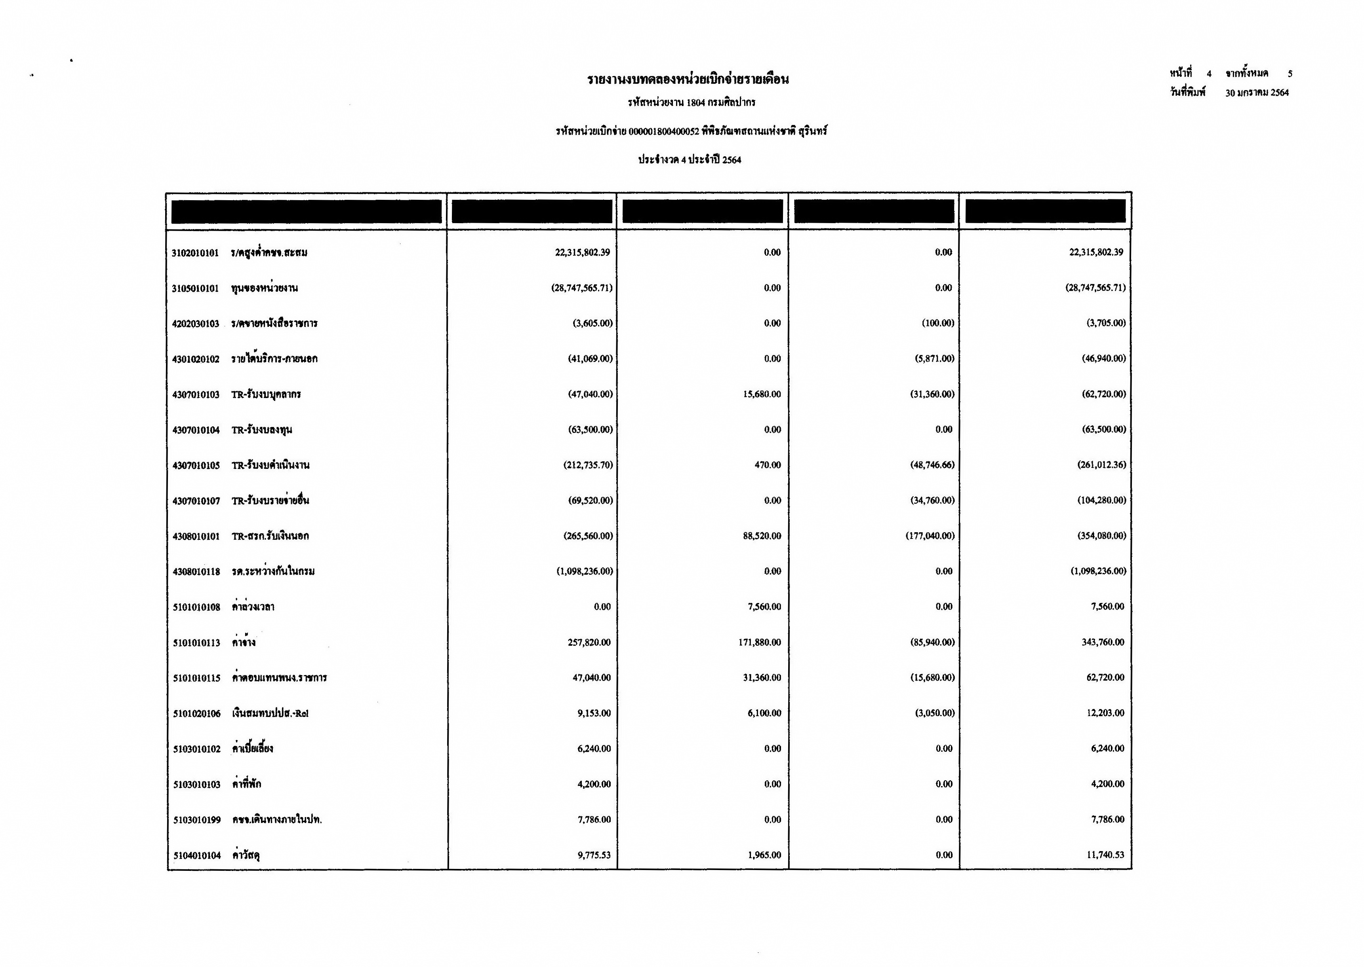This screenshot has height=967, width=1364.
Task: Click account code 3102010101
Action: [196, 253]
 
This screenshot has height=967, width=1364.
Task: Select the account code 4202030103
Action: [196, 324]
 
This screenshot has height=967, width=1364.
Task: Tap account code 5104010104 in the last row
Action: [197, 856]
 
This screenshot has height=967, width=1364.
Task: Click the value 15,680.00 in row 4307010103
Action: [762, 394]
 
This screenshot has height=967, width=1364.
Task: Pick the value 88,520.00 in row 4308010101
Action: [762, 536]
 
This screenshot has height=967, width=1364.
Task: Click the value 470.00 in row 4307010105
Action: [768, 465]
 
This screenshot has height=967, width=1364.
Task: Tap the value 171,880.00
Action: [759, 643]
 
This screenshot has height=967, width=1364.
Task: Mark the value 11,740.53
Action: [1105, 855]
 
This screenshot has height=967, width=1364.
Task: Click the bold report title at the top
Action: [688, 79]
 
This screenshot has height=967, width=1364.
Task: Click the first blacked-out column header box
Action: [306, 211]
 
